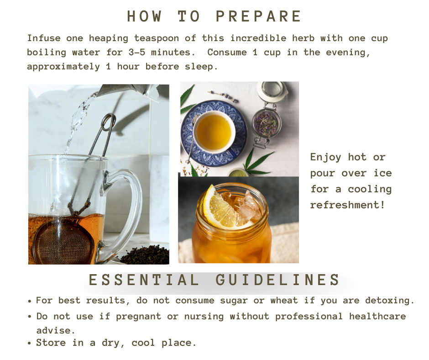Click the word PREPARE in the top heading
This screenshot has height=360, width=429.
click(x=259, y=16)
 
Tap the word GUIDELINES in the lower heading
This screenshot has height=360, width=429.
click(x=277, y=280)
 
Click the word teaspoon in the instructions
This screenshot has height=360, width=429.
click(x=157, y=38)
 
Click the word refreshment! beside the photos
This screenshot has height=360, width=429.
click(x=347, y=205)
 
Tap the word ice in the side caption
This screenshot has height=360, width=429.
click(x=383, y=173)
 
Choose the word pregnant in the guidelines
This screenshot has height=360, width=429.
click(x=138, y=317)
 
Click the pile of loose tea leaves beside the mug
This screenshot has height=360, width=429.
click(x=145, y=255)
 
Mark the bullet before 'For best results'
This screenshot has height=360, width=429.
click(x=30, y=301)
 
